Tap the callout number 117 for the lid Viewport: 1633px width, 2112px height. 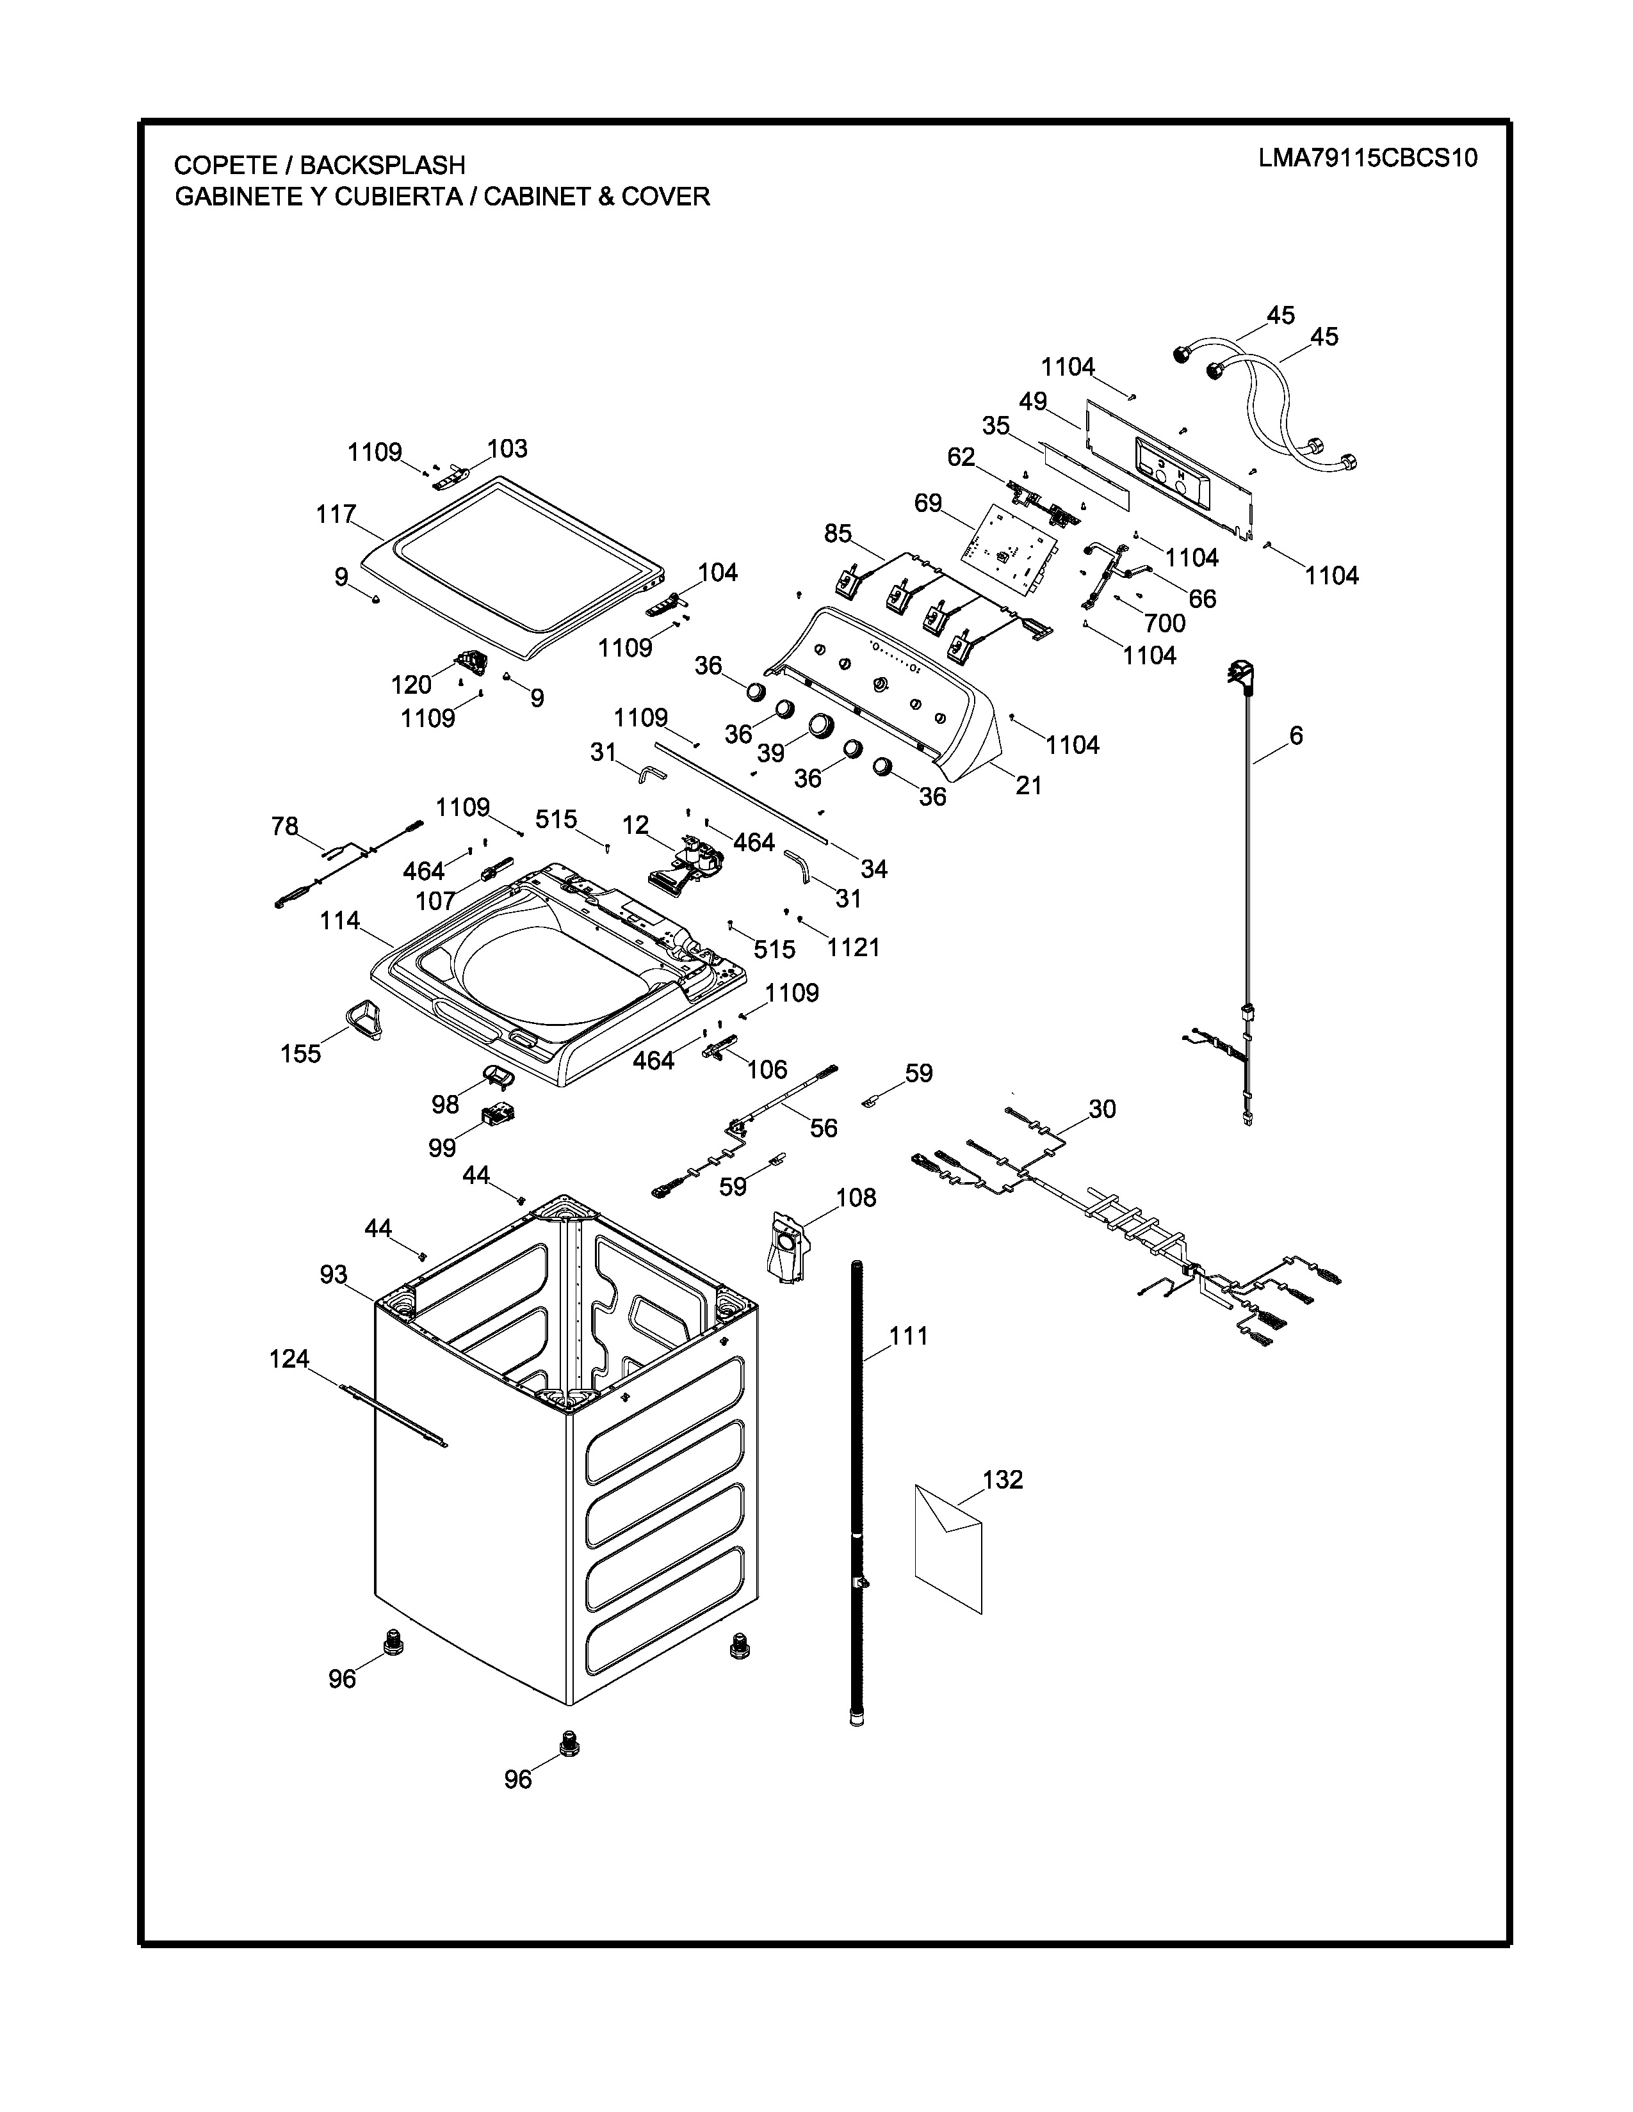pos(336,515)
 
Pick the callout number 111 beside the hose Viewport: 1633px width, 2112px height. pos(909,1336)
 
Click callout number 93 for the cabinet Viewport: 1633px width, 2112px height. pos(334,1274)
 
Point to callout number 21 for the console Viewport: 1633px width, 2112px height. pos(1028,785)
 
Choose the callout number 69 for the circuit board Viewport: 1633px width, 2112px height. pos(928,503)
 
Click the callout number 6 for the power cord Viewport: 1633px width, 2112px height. pos(1296,736)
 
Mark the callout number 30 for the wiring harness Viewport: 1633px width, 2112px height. pos(1102,1108)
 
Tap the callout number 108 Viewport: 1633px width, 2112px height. pos(856,1197)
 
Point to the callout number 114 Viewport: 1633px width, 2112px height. pos(339,920)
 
